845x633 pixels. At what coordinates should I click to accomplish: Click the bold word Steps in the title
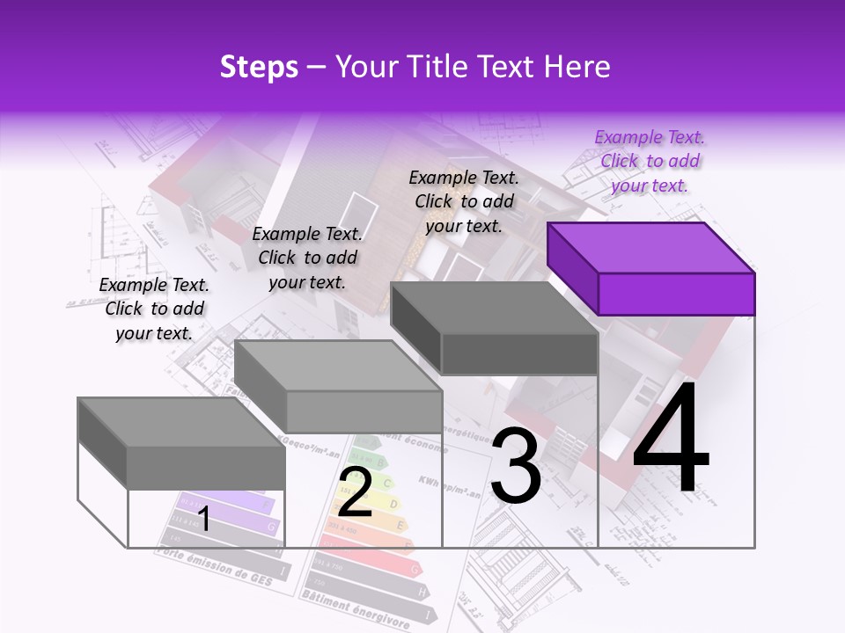pyautogui.click(x=259, y=67)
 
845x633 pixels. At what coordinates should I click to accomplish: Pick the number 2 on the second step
pyautogui.click(x=355, y=492)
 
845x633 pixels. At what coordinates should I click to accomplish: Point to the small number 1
pyautogui.click(x=203, y=520)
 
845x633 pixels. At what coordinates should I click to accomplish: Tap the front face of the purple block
pyautogui.click(x=676, y=294)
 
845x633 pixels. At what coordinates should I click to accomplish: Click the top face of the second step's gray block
pyautogui.click(x=338, y=366)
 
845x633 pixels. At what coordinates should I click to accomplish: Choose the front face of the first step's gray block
pyautogui.click(x=206, y=468)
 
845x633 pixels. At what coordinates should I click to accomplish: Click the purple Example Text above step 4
pyautogui.click(x=650, y=161)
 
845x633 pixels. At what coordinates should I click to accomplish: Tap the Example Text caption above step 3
pyautogui.click(x=464, y=201)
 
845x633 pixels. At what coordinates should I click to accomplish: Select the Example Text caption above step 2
pyautogui.click(x=307, y=258)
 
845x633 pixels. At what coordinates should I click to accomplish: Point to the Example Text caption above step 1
pyautogui.click(x=154, y=309)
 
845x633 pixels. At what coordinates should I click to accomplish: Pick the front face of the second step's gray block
pyautogui.click(x=364, y=411)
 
